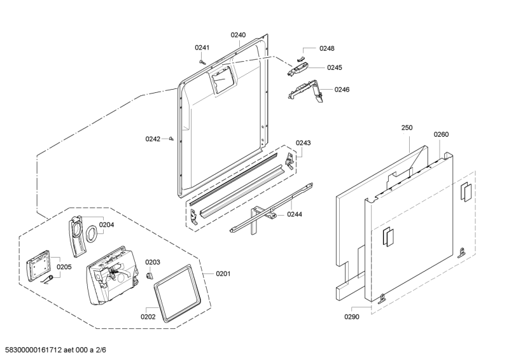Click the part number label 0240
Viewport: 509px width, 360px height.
pos(238,35)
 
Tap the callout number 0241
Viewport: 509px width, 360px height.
pos(202,47)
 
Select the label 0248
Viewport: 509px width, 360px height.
pos(327,48)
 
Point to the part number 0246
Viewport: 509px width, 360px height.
pos(342,89)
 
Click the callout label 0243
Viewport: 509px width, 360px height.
pos(303,143)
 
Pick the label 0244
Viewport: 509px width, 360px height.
pos(294,214)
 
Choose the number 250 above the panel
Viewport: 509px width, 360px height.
pos(407,128)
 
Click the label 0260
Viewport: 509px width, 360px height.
pos(441,134)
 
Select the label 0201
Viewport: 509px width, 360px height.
pos(223,274)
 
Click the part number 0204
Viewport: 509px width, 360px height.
pos(106,224)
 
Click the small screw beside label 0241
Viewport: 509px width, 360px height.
pos(202,62)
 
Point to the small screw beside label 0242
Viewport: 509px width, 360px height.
pos(172,139)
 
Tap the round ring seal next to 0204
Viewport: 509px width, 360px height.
pos(92,233)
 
